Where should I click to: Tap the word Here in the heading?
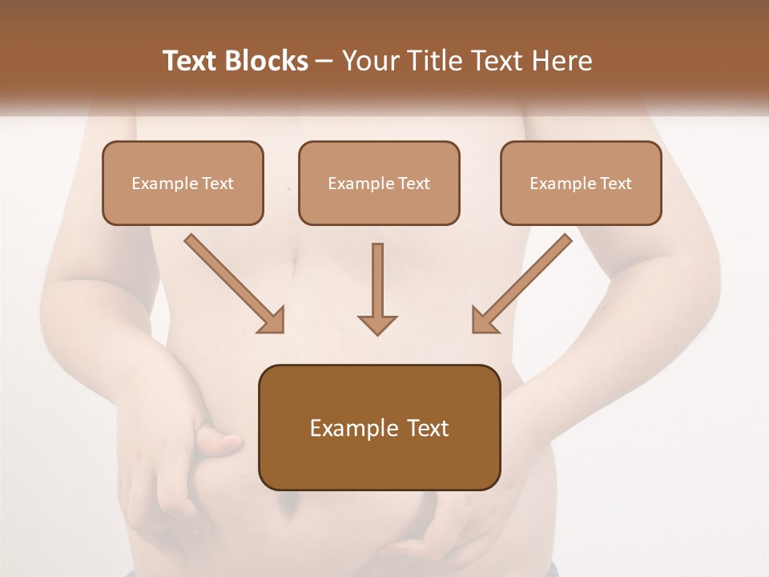(565, 61)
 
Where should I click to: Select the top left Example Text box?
(183, 183)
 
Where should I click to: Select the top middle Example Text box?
(379, 183)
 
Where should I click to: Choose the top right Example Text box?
(581, 183)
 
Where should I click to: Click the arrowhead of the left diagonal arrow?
(272, 321)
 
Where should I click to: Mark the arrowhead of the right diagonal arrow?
(485, 321)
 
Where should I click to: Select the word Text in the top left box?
(218, 184)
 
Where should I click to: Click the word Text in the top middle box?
(414, 184)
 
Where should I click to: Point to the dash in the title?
(325, 61)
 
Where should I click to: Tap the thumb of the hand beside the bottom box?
(223, 440)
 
